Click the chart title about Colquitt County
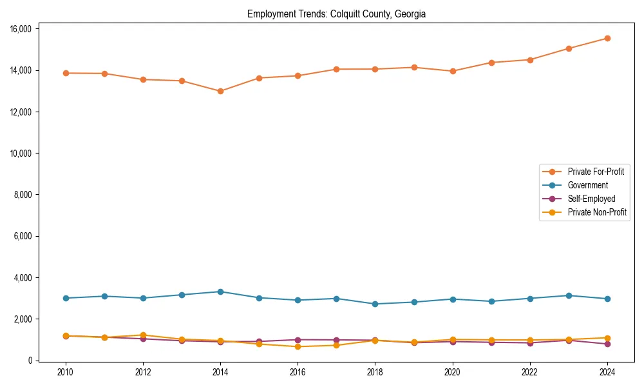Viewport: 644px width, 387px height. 336,14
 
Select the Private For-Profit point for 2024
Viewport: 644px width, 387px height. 607,38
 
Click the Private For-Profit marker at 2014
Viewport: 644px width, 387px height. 220,91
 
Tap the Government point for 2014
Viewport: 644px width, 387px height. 220,292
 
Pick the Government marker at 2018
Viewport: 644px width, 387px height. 375,304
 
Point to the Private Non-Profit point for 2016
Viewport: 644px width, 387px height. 298,346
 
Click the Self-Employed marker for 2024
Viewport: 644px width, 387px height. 607,344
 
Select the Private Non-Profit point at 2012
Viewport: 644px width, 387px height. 143,335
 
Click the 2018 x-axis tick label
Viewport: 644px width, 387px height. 375,372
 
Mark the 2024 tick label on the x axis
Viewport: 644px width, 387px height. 607,372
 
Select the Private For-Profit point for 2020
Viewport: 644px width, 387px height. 453,71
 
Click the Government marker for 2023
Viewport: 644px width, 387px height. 569,295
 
